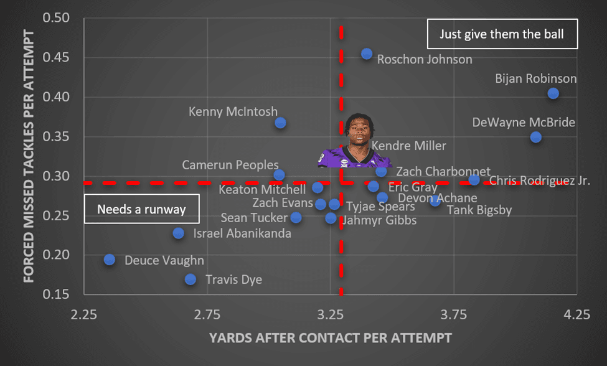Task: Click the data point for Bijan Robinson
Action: click(x=553, y=93)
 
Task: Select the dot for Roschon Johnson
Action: click(x=367, y=54)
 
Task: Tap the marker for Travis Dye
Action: click(x=191, y=279)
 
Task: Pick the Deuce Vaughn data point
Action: click(x=110, y=260)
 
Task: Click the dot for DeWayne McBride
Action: click(x=536, y=137)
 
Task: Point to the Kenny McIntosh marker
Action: click(x=280, y=123)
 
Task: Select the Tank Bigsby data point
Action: click(x=435, y=200)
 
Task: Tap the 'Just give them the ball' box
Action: click(x=502, y=34)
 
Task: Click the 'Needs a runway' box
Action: click(x=141, y=209)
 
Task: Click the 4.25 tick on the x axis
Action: click(x=576, y=315)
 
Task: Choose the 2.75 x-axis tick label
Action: click(x=207, y=315)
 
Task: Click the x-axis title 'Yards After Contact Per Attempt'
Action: click(x=330, y=338)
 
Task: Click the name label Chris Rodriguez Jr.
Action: click(x=539, y=181)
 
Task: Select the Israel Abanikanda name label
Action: click(x=242, y=234)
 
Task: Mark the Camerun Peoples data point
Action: click(x=279, y=175)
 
